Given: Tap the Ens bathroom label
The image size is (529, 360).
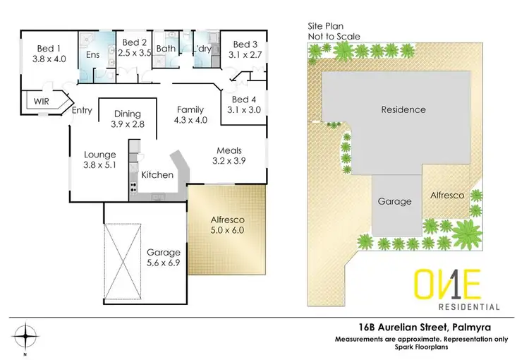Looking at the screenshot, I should (93, 54).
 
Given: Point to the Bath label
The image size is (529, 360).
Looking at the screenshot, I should (166, 48).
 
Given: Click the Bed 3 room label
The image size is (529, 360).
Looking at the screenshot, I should (247, 43).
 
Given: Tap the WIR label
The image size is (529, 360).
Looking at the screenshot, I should (43, 102).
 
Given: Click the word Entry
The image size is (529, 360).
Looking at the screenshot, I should (83, 110).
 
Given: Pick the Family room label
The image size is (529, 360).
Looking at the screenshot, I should (190, 109).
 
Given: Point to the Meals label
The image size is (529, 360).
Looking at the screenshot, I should (229, 150).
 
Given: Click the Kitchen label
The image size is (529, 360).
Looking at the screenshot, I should (157, 174).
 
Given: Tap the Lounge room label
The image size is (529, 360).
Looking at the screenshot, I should (99, 155).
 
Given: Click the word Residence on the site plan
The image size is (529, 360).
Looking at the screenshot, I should (403, 109).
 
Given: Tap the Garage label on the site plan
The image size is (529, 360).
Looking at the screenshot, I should (394, 201).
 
